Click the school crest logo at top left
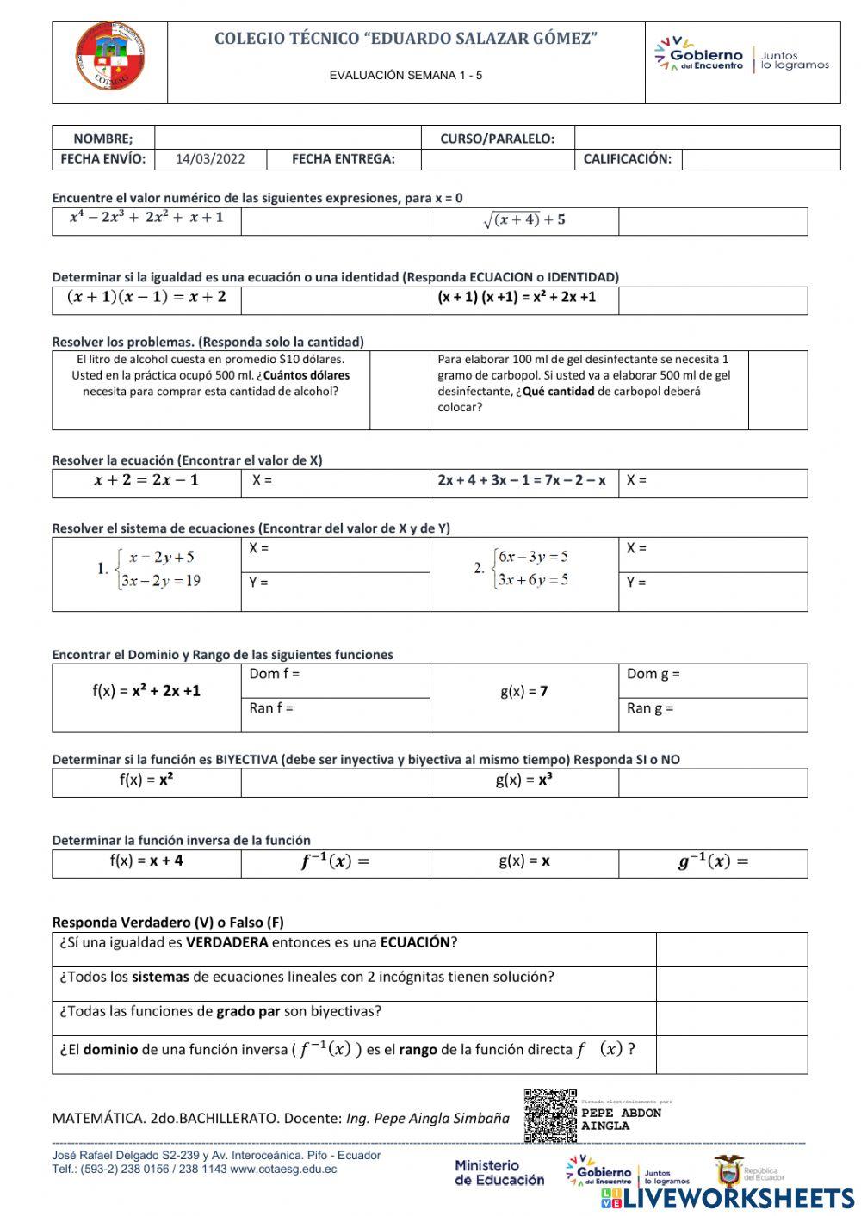(109, 59)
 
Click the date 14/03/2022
(210, 159)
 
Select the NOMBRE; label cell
(103, 139)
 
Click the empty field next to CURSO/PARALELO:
(706, 139)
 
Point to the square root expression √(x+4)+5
(523, 220)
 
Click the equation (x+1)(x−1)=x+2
(146, 298)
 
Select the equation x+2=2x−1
(146, 481)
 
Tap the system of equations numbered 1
(151, 569)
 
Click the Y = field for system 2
(712, 590)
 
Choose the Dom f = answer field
(335, 680)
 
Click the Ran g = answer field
(712, 714)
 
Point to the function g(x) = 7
(523, 692)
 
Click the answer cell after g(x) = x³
(712, 782)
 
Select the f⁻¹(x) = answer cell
(335, 862)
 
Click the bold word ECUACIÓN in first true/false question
(415, 943)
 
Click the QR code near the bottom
(550, 1115)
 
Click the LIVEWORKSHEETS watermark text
(738, 1199)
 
